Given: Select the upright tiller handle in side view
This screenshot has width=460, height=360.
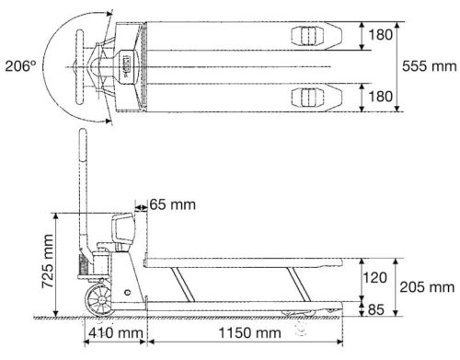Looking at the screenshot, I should [x=84, y=193].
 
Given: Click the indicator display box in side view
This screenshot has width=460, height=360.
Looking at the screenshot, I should [x=123, y=226].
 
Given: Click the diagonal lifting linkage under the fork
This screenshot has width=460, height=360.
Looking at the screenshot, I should [x=276, y=285].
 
